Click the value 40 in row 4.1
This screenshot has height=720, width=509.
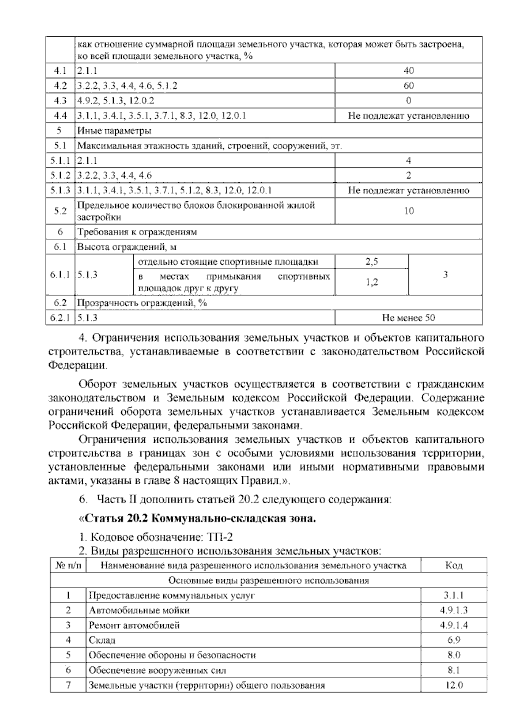tap(408, 70)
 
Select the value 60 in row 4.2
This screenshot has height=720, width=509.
tap(408, 86)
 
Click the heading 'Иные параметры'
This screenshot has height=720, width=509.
tap(115, 131)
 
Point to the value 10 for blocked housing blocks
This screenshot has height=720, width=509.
tap(408, 211)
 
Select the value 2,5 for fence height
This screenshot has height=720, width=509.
tap(372, 262)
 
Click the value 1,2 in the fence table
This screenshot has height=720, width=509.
tap(372, 282)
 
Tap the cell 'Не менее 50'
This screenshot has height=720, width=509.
tap(408, 318)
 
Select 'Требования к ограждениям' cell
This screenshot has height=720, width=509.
tap(137, 232)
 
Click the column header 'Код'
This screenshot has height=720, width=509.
tap(453, 565)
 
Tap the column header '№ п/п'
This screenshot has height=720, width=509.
tap(68, 565)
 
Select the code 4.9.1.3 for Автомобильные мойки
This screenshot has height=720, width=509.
tap(453, 610)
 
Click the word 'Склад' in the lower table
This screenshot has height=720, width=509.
tap(102, 640)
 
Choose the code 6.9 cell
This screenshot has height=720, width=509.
tap(453, 640)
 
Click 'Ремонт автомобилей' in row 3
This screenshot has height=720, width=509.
tap(134, 625)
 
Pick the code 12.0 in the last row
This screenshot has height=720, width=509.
tap(453, 685)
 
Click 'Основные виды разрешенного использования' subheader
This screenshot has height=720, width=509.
tap(268, 580)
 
